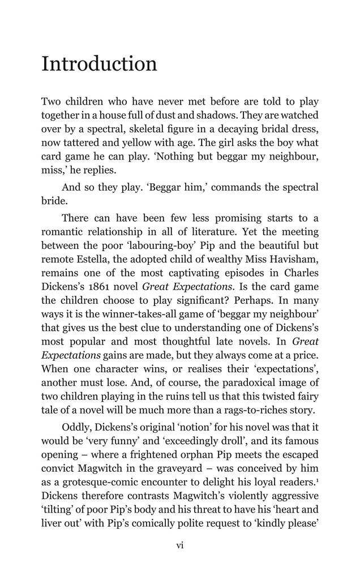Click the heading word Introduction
pos(99,64)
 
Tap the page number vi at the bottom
pos(180,545)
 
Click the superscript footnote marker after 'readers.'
pos(317,479)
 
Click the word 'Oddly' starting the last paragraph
pos(76,427)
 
